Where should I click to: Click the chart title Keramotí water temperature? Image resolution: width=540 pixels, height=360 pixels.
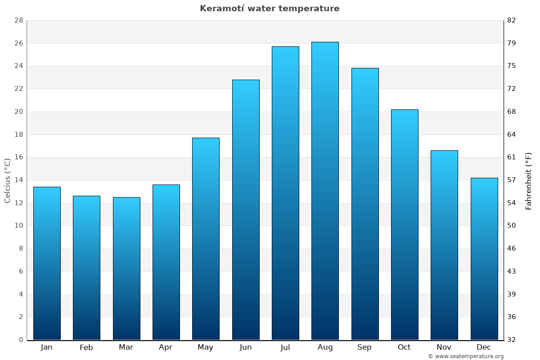(270, 9)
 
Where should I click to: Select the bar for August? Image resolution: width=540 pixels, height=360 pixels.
(325, 191)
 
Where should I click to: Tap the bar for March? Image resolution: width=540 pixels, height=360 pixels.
(126, 268)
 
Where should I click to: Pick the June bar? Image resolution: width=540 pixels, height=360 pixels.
(246, 210)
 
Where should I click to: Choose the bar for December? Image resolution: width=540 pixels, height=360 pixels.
(484, 259)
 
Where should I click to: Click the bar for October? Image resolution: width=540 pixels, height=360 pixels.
(405, 225)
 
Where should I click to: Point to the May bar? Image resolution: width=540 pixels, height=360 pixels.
(206, 238)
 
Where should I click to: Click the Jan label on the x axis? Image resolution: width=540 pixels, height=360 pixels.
(47, 347)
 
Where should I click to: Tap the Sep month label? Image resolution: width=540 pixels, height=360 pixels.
(364, 347)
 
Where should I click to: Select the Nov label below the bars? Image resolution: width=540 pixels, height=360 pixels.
(444, 347)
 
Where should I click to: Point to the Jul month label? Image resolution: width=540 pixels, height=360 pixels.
(285, 347)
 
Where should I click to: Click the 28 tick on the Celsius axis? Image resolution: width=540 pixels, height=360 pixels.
(18, 20)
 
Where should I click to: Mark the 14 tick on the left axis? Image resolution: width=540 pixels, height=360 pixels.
(18, 180)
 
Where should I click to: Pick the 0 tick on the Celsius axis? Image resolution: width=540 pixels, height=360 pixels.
(21, 340)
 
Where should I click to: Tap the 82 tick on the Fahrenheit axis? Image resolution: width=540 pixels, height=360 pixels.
(512, 20)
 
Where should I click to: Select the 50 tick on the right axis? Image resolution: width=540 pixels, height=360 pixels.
(512, 225)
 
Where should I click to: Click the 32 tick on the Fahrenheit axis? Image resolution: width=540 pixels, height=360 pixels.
(512, 340)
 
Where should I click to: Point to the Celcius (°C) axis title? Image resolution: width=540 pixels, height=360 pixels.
(7, 180)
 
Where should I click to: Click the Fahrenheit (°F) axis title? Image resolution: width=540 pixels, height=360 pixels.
(529, 180)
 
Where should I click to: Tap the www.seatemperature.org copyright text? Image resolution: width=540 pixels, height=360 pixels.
(466, 356)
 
